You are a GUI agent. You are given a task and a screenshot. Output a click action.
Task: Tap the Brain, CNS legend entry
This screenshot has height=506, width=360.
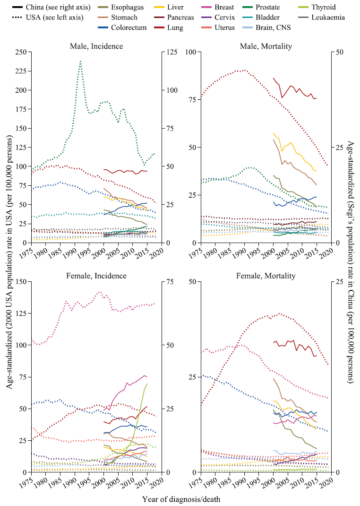[x=273, y=27]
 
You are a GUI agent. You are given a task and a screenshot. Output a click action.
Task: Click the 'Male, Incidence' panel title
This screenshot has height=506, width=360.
[x=96, y=46]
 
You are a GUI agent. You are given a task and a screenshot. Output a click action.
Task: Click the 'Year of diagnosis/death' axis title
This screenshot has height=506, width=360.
[x=180, y=498]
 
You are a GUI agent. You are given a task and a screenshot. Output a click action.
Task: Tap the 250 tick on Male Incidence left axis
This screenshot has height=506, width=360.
[x=20, y=52]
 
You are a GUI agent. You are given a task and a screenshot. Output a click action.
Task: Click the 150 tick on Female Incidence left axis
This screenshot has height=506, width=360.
[x=20, y=281]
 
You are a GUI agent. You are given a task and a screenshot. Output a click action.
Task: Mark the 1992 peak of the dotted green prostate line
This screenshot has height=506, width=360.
[x=81, y=61]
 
